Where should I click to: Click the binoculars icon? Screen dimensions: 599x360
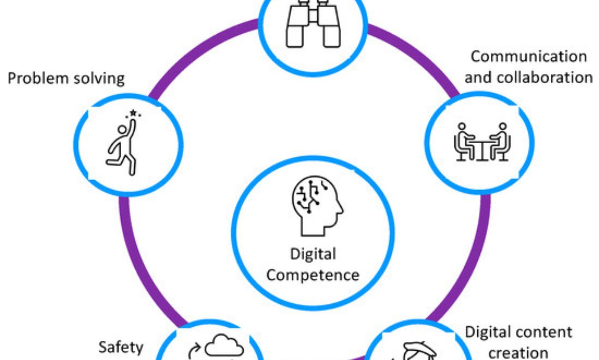click(313, 24)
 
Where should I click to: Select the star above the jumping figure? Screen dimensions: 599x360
click(133, 113)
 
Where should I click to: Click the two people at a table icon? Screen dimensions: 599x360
click(482, 142)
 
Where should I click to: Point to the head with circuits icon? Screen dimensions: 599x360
click(317, 206)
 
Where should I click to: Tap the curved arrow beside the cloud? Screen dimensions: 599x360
click(194, 351)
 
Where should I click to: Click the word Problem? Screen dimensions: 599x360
click(38, 79)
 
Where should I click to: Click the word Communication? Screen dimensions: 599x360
click(529, 57)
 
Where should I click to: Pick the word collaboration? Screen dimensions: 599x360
click(545, 78)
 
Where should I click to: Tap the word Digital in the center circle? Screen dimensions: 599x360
click(313, 254)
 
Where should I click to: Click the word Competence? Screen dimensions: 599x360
click(313, 275)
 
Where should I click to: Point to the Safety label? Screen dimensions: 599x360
click(121, 348)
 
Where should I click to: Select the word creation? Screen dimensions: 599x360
click(518, 353)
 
